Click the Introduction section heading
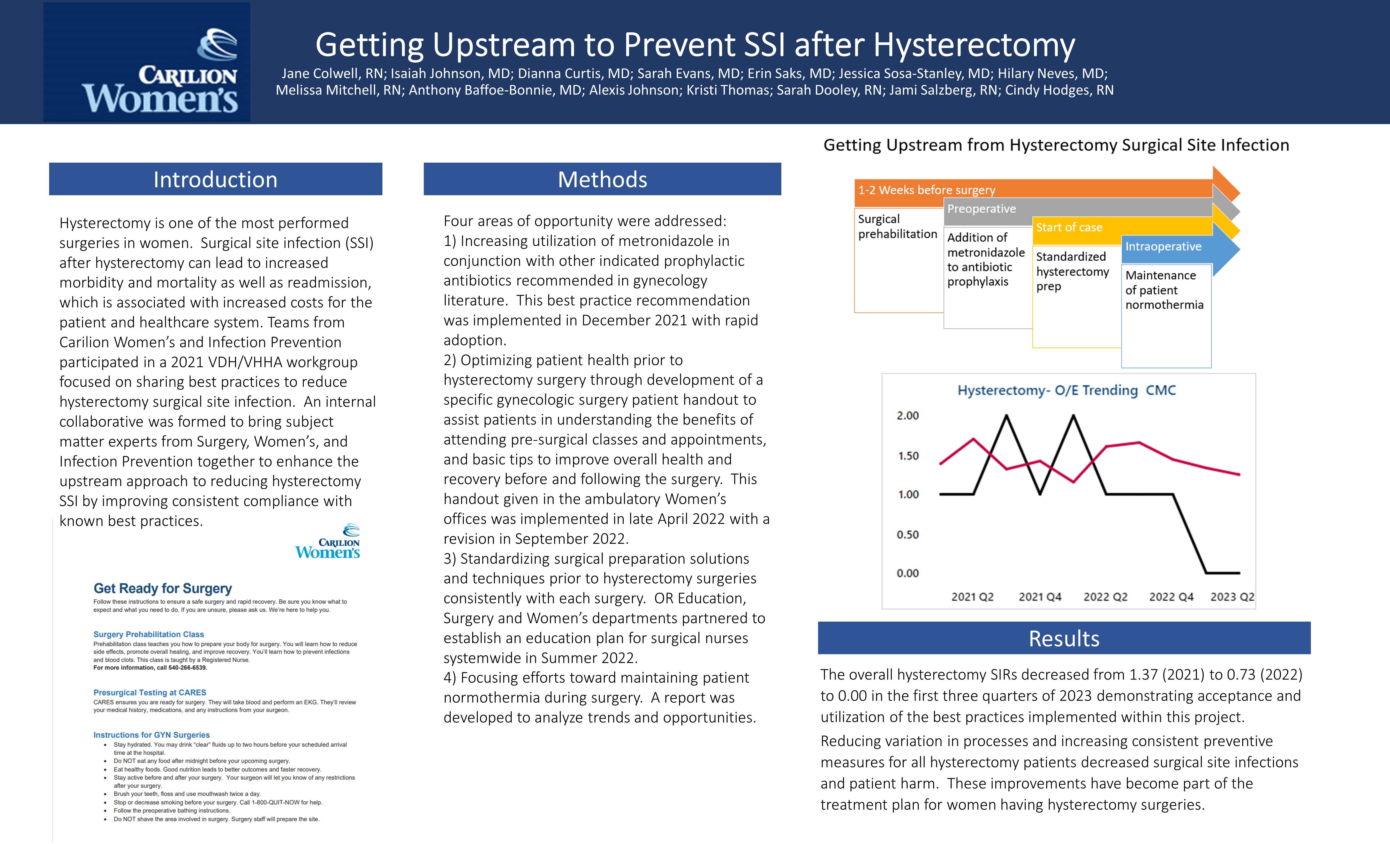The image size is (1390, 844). click(215, 179)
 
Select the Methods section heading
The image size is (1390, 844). click(602, 179)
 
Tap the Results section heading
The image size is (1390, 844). click(1064, 639)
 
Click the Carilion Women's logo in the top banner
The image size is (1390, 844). click(147, 62)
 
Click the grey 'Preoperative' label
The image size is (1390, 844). click(981, 209)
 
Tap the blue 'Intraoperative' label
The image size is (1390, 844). click(1163, 246)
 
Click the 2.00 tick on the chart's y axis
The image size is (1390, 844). click(908, 416)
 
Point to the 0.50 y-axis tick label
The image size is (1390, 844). click(908, 534)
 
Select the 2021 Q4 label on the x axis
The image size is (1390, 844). click(1040, 597)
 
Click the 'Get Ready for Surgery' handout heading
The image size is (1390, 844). click(162, 589)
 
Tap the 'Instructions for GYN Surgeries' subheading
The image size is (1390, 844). click(151, 735)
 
